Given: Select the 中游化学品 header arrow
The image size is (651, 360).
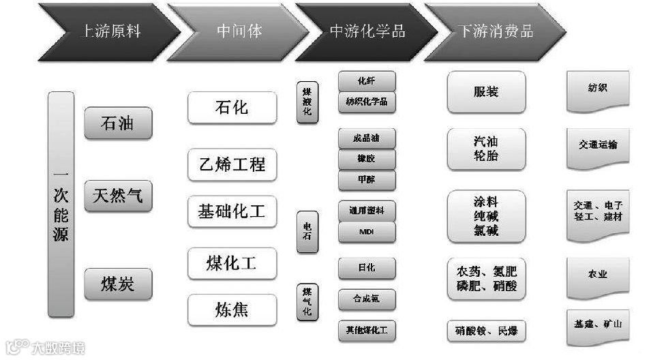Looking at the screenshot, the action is pyautogui.click(x=367, y=31).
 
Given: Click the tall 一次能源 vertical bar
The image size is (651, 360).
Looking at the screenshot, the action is pyautogui.click(x=61, y=204).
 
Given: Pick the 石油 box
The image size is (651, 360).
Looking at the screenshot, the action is pyautogui.click(x=118, y=123).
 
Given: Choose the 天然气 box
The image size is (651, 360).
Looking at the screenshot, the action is pyautogui.click(x=118, y=195).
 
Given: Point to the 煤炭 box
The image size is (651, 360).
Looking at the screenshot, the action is pyautogui.click(x=118, y=284).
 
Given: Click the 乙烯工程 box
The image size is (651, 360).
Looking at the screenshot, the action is pyautogui.click(x=232, y=164).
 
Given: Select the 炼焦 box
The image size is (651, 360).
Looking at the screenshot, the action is pyautogui.click(x=232, y=310).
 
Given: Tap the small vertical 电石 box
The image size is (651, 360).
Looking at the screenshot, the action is pyautogui.click(x=307, y=232).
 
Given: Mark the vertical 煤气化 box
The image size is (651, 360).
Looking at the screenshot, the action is pyautogui.click(x=307, y=301).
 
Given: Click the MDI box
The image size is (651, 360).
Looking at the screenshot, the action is pyautogui.click(x=367, y=232).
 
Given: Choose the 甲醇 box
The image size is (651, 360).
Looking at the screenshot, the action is pyautogui.click(x=367, y=180).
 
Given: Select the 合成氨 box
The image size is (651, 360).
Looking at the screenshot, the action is pyautogui.click(x=367, y=299).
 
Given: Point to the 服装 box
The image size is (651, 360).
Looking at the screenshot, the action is pyautogui.click(x=486, y=91).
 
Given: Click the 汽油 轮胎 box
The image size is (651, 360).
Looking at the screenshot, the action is pyautogui.click(x=486, y=149).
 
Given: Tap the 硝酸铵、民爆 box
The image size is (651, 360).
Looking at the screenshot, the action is pyautogui.click(x=486, y=331).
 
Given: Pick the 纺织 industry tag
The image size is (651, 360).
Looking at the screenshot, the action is pyautogui.click(x=597, y=89).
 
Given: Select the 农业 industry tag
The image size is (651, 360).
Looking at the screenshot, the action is pyautogui.click(x=597, y=275).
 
